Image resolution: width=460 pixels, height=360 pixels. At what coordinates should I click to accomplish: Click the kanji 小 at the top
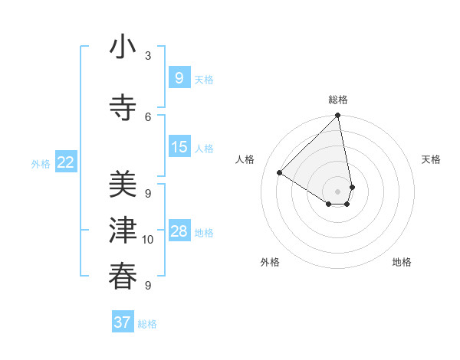(123, 47)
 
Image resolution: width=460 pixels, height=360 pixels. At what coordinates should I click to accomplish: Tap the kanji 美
(123, 185)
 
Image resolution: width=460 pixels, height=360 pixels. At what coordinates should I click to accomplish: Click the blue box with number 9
(179, 77)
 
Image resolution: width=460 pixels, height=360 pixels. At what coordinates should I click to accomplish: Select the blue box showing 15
(179, 148)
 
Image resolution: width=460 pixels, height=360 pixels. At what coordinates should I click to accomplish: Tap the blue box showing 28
(179, 231)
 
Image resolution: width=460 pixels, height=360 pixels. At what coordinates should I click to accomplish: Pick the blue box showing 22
(65, 162)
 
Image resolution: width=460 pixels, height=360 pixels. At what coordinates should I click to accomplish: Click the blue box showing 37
(122, 322)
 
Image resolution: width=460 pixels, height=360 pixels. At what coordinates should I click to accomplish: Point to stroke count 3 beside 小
(148, 56)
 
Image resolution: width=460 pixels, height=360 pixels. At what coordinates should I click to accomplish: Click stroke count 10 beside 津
(148, 240)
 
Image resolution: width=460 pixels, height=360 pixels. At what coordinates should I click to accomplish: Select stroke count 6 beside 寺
(148, 116)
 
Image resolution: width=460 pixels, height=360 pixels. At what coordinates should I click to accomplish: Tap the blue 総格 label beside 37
(147, 324)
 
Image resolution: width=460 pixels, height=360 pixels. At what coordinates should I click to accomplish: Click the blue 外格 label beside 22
(40, 164)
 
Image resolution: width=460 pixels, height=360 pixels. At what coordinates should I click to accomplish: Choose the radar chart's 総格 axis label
(338, 100)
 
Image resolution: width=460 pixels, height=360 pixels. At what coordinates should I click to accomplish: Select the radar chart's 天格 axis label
(431, 159)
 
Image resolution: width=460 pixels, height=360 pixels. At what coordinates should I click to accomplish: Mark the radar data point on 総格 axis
(337, 116)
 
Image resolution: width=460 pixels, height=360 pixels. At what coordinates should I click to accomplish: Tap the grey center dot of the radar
(337, 191)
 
